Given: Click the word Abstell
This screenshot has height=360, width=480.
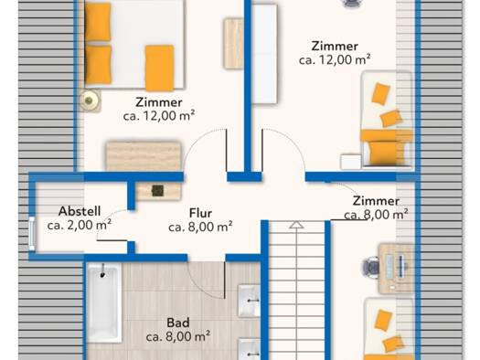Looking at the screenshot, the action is point(80,211).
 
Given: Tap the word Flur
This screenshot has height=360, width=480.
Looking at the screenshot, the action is point(200,213).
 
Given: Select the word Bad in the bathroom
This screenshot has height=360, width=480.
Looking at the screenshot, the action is point(178,323).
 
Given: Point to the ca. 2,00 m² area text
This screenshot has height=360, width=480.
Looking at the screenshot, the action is point(80,225).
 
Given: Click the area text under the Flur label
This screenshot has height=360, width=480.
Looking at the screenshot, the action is point(200,227).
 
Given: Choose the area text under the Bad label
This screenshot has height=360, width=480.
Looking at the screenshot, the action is point(178,336).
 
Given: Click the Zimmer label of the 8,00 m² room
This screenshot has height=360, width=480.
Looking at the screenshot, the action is point(376,201).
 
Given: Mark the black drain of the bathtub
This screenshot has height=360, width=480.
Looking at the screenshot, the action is point(102,275).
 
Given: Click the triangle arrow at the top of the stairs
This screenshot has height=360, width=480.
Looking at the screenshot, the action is point(296,225).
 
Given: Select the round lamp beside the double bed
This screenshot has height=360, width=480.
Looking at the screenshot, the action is point(89,100).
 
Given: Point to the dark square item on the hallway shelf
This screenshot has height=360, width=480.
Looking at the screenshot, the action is point(157,191).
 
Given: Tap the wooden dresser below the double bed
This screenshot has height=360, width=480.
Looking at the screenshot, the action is point(144,155).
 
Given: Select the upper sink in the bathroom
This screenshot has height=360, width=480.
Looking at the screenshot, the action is point(249,301).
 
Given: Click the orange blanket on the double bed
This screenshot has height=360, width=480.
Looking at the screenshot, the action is point(159,68).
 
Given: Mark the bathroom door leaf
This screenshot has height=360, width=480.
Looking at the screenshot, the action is point(225,280).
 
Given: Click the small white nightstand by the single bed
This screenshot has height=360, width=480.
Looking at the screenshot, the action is point(351,162).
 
